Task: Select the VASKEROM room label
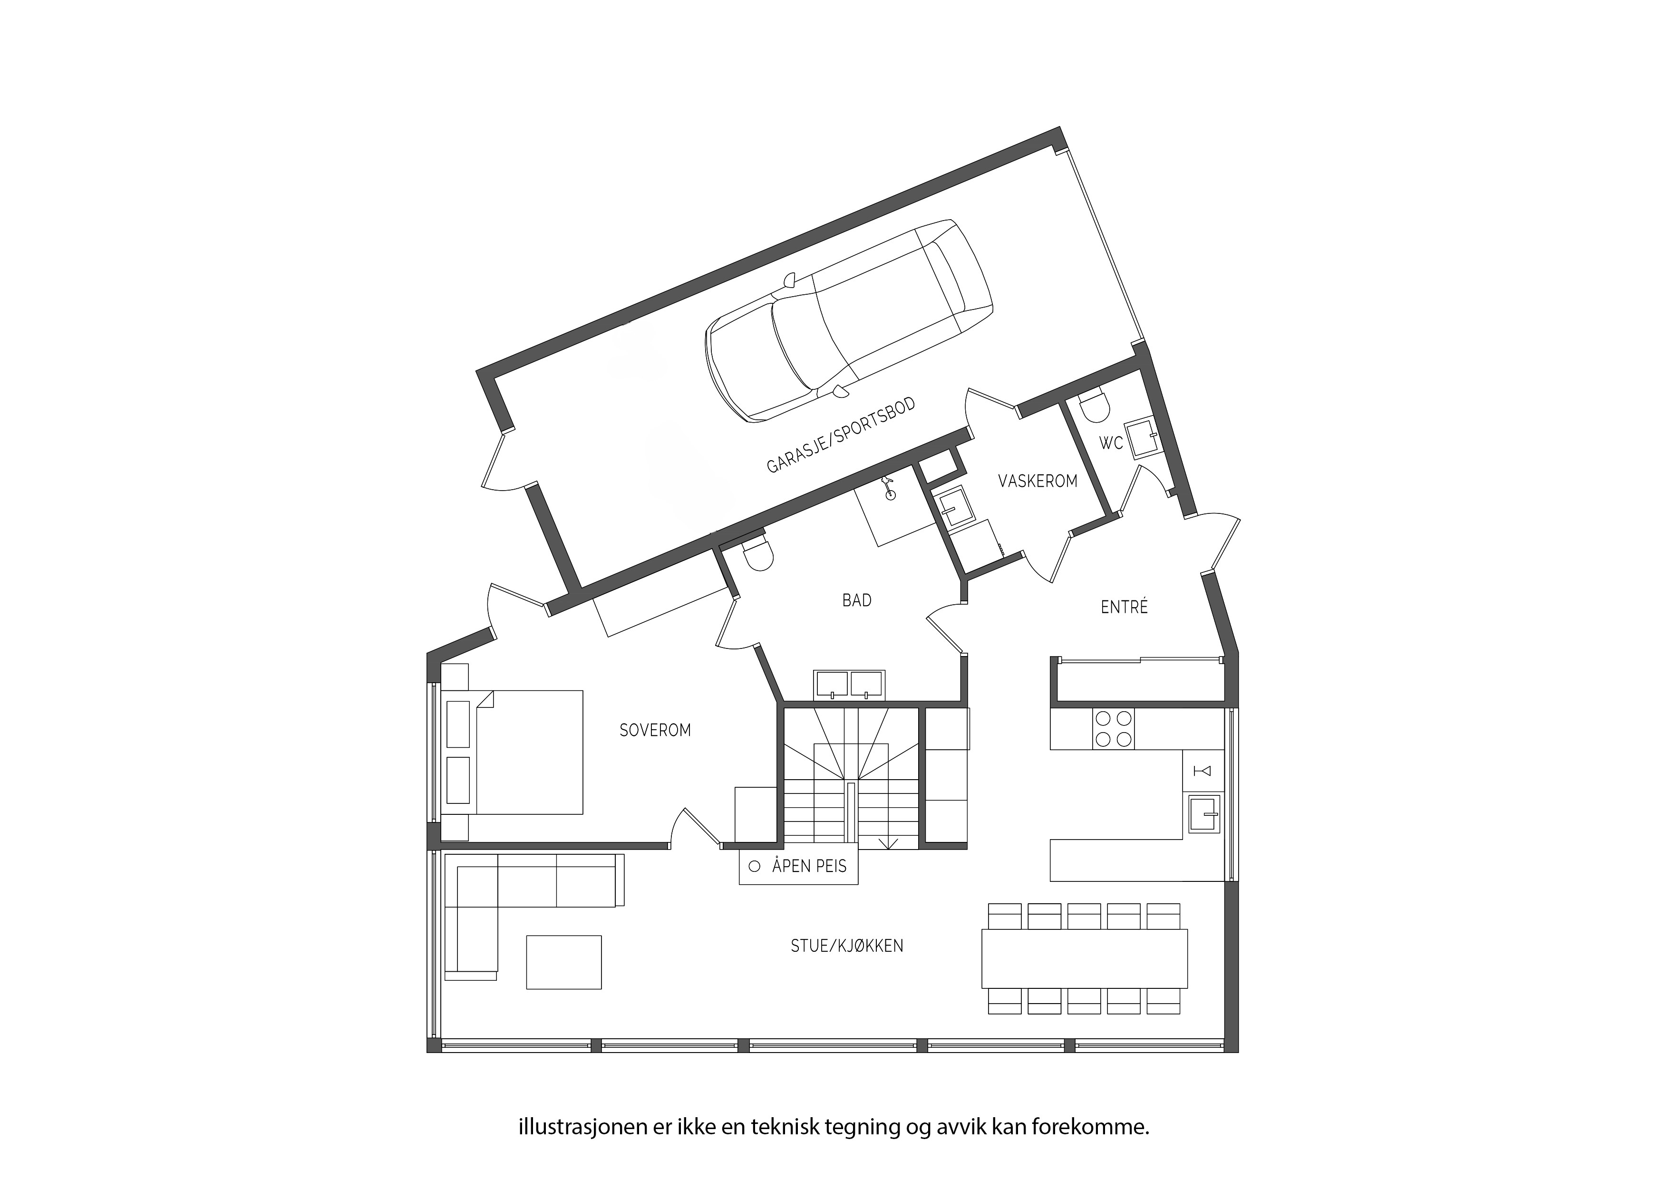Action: point(1038,481)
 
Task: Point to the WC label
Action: point(1111,443)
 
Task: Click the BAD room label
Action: point(856,600)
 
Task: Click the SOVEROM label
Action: point(655,730)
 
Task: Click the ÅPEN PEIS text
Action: point(809,866)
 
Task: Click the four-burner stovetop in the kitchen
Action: point(1113,729)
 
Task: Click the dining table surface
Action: point(1084,958)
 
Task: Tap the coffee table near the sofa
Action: point(564,963)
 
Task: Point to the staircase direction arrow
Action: point(888,843)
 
